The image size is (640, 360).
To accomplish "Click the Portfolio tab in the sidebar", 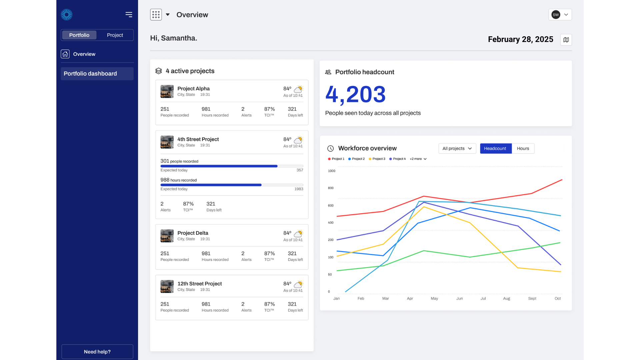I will (x=79, y=35).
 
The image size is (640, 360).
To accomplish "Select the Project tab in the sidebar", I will (x=115, y=35).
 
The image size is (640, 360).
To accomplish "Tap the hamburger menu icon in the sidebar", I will (x=129, y=15).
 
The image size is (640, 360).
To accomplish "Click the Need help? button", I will (x=97, y=352).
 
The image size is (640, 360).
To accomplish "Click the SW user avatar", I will (x=556, y=15).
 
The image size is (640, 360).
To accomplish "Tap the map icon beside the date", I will (x=566, y=40).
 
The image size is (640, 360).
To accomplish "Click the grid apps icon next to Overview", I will (x=156, y=15).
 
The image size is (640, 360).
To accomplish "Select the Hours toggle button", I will (x=523, y=149).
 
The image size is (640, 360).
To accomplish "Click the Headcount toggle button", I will (x=495, y=149).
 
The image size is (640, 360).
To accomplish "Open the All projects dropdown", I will (x=457, y=149).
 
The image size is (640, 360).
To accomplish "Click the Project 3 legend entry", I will (x=377, y=159).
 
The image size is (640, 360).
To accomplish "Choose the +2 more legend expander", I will (x=418, y=159).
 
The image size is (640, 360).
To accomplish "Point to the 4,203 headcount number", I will (x=355, y=94).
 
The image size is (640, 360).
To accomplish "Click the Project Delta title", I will (x=193, y=233).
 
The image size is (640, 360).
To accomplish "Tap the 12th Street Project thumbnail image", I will (x=167, y=286).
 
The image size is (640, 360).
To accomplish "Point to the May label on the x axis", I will (x=434, y=299).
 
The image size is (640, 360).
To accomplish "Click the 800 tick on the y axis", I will (x=331, y=188).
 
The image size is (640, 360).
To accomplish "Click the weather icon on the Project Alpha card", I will (x=298, y=89).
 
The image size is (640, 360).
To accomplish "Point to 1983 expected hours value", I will (x=299, y=189).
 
